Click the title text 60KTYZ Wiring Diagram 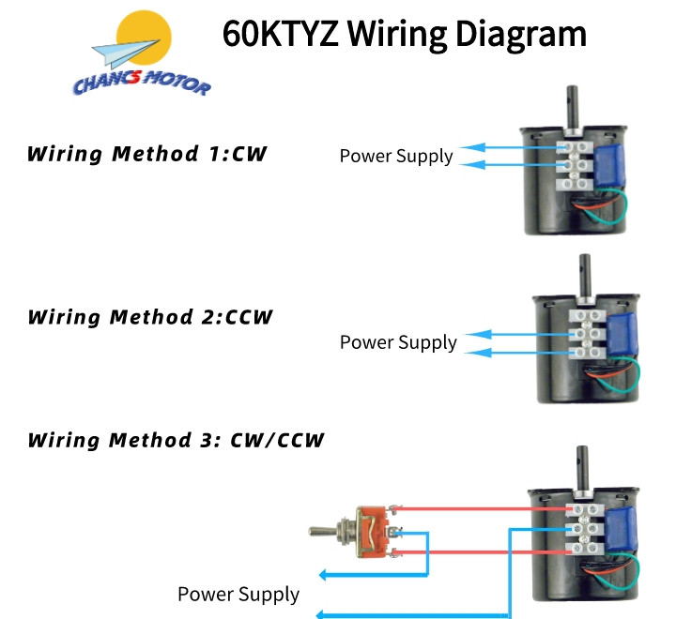tap(404, 34)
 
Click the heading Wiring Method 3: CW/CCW tap(176, 439)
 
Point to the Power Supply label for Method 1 tap(395, 156)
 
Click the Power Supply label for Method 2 tap(398, 342)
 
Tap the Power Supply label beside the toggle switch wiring tap(238, 594)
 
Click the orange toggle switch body tap(375, 535)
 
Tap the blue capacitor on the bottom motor tap(621, 531)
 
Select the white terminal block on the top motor tap(576, 164)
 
